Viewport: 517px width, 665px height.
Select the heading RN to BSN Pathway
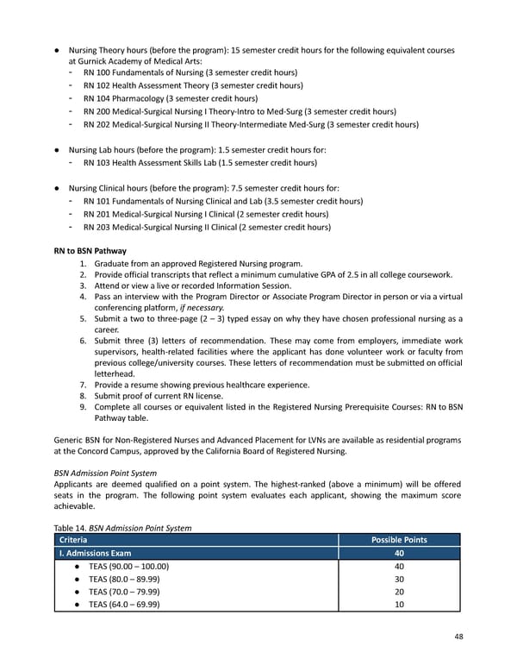(90, 250)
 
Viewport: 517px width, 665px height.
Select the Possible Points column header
(398, 540)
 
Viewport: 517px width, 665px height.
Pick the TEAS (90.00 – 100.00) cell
(127, 566)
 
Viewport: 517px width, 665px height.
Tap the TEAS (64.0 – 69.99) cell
(125, 605)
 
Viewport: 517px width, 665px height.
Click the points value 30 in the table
(398, 579)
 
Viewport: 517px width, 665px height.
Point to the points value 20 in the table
(398, 592)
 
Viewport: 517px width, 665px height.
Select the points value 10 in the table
(398, 605)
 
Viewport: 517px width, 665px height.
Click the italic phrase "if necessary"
(200, 306)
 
